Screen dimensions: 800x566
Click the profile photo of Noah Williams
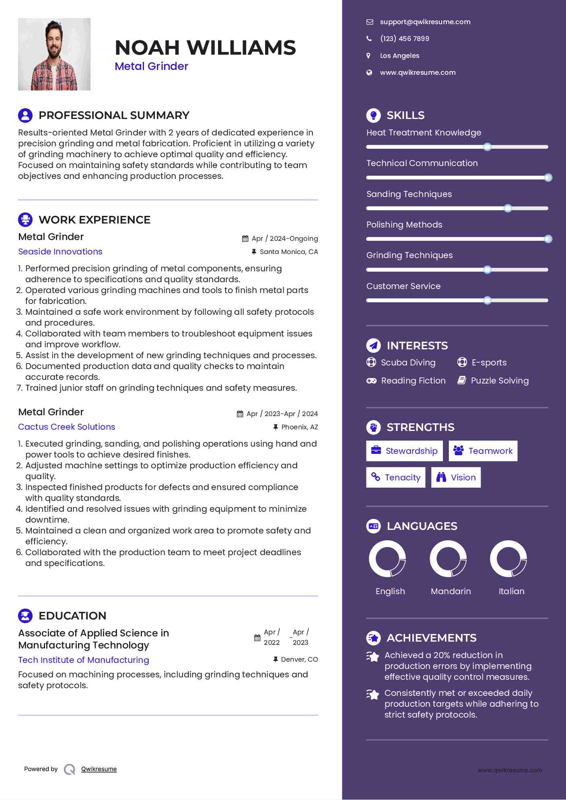[x=54, y=54]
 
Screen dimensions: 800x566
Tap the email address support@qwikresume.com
[x=425, y=22]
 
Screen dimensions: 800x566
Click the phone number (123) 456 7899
[x=404, y=39]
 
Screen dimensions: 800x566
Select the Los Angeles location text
[x=399, y=55]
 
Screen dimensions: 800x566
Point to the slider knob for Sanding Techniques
[x=508, y=208]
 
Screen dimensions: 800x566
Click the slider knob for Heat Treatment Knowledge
[x=487, y=147]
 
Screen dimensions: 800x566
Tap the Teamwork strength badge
[x=483, y=451]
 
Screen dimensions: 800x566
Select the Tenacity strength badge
[x=395, y=477]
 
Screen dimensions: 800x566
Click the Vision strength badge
[x=456, y=477]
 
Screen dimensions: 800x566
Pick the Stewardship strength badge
[x=404, y=451]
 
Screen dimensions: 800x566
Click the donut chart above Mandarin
[x=448, y=558]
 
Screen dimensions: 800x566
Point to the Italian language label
[x=511, y=591]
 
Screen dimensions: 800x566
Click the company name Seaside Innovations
[x=60, y=251]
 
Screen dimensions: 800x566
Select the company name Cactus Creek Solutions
[x=67, y=427]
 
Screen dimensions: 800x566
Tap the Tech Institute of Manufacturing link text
[x=84, y=660]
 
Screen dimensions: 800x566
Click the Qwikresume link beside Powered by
[x=99, y=769]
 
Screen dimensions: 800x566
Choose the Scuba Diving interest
[x=408, y=362]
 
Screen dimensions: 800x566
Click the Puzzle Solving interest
[x=500, y=380]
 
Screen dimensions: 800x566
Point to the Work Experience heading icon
[x=25, y=219]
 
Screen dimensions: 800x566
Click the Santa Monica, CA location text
[x=288, y=252]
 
